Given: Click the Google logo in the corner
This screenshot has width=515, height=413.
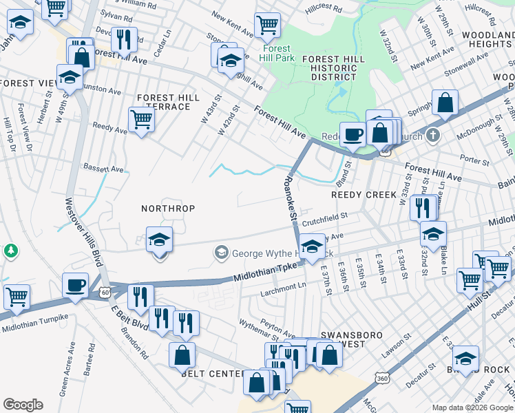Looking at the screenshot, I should point(23,405).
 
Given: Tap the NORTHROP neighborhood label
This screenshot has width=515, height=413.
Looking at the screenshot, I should point(168,208).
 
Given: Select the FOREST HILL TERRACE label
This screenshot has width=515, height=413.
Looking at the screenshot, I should point(163,102).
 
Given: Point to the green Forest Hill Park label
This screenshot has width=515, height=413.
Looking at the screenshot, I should point(277,54).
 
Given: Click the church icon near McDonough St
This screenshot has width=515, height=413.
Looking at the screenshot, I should point(433,135).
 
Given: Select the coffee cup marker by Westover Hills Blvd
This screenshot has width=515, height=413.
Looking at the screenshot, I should point(75,284).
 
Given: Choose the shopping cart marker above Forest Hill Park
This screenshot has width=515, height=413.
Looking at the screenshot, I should point(267,25).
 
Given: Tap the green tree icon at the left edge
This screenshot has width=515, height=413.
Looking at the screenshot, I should point(10,249).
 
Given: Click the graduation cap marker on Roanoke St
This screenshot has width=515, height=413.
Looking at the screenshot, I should point(312,246).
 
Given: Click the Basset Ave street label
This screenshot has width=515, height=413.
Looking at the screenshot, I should point(103,168).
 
